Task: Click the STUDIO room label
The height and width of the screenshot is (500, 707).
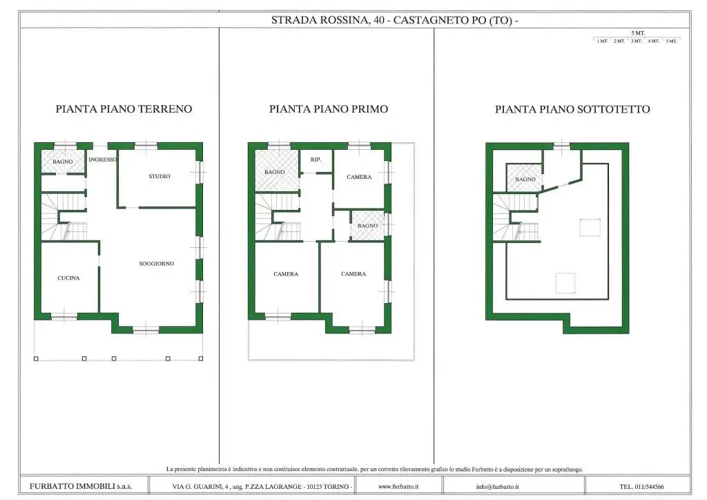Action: coord(159,176)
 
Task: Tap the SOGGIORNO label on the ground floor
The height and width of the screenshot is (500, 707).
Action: coord(157,264)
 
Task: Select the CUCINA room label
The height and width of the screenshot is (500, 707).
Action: coord(68,278)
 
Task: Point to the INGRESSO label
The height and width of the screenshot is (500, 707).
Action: coord(102,160)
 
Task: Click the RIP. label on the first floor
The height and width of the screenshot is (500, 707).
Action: coord(316,160)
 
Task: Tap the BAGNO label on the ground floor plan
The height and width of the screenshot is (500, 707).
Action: coord(62,162)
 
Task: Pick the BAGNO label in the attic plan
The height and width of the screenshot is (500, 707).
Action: coord(525,180)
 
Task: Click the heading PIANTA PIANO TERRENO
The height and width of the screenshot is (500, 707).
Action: coord(124,109)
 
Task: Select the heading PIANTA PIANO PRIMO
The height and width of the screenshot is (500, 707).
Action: coord(329,109)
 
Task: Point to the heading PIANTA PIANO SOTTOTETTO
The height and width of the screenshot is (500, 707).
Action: coord(572,109)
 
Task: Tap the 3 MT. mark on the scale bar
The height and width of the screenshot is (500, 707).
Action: coord(636,41)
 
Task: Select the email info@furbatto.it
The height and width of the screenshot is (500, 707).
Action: coord(497,486)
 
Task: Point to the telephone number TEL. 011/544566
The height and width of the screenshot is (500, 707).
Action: coord(641,486)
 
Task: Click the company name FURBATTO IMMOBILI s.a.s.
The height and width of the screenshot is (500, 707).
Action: coord(81,486)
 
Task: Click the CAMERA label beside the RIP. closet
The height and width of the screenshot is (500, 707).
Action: coord(359,177)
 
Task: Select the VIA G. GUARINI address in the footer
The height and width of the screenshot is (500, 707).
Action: coord(262,486)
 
